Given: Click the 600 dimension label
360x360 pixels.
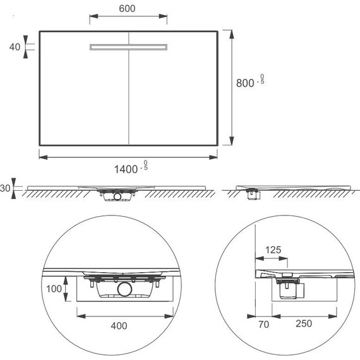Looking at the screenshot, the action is [x=127, y=9].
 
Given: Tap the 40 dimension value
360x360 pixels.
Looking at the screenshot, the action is [x=15, y=47].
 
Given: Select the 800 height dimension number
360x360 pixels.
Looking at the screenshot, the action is [x=245, y=83].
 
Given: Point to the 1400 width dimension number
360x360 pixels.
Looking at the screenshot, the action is [x=126, y=169].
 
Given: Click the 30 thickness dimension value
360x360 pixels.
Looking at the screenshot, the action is [x=5, y=188].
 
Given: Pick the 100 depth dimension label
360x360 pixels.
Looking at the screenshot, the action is [x=54, y=289].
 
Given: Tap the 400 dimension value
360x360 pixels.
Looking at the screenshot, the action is [x=119, y=326].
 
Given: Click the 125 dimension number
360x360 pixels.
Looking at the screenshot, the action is [x=273, y=250].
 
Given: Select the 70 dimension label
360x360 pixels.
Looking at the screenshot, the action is [x=263, y=325].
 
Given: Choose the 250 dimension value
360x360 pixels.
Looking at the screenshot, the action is [x=304, y=323].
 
